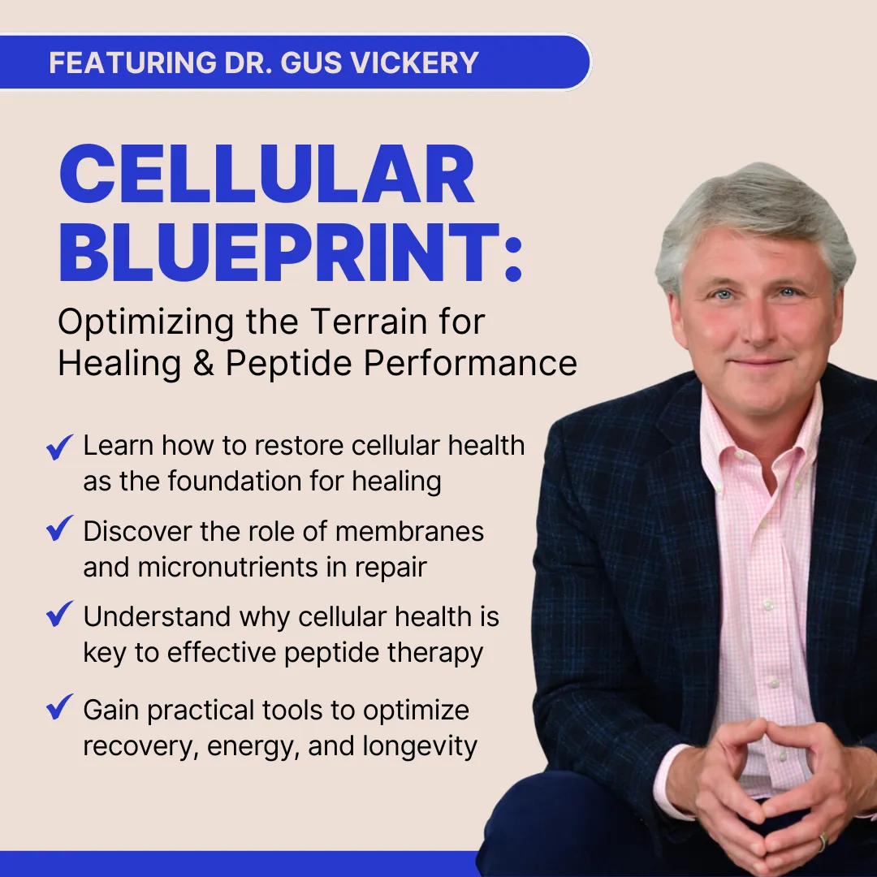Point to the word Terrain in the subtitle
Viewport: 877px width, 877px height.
pyautogui.click(x=369, y=322)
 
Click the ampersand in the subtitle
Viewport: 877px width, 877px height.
pyautogui.click(x=204, y=363)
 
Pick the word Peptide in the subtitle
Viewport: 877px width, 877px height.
pyautogui.click(x=288, y=365)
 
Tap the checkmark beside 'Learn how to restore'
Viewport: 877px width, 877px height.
pyautogui.click(x=59, y=447)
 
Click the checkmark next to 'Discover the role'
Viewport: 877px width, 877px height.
pyautogui.click(x=59, y=528)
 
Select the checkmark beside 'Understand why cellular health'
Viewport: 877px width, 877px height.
pyautogui.click(x=59, y=614)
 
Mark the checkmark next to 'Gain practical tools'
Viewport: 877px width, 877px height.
pyautogui.click(x=59, y=706)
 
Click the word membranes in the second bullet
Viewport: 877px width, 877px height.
pyautogui.click(x=410, y=531)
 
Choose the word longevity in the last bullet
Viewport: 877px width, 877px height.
pyautogui.click(x=420, y=747)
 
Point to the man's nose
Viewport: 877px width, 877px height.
pyautogui.click(x=757, y=327)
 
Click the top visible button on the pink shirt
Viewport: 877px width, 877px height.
pyautogui.click(x=768, y=606)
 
